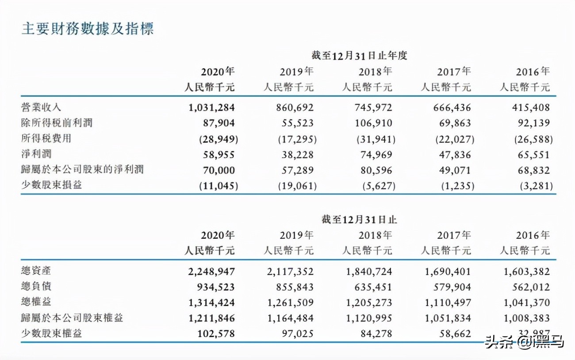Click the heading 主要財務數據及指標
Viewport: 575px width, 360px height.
88,30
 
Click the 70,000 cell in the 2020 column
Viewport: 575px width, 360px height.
217,170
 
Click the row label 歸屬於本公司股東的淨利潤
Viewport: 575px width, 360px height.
82,170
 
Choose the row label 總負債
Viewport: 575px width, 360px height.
36,287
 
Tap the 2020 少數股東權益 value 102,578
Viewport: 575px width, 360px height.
214,333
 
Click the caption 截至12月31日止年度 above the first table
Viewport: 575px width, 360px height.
359,56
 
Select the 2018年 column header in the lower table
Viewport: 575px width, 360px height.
375,235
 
